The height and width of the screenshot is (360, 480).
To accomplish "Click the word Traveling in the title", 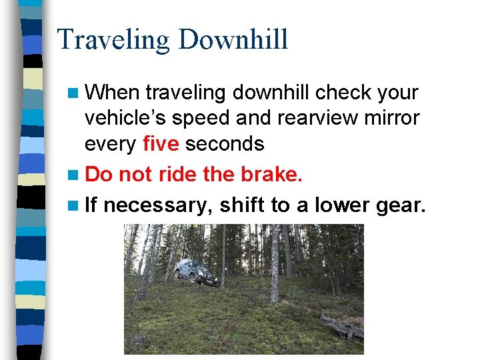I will coord(114,40).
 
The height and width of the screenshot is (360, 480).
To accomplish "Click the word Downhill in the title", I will coord(233,40).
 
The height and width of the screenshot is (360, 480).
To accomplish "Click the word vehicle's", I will coord(126,119).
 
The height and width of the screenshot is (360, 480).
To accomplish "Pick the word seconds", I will coord(225,144).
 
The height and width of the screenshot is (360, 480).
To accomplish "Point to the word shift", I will coord(242,205).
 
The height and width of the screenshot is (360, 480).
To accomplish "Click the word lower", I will coord(341,205).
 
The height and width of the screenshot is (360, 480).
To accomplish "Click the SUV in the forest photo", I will coord(195,272).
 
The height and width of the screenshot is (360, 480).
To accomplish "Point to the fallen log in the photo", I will coord(341,329).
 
